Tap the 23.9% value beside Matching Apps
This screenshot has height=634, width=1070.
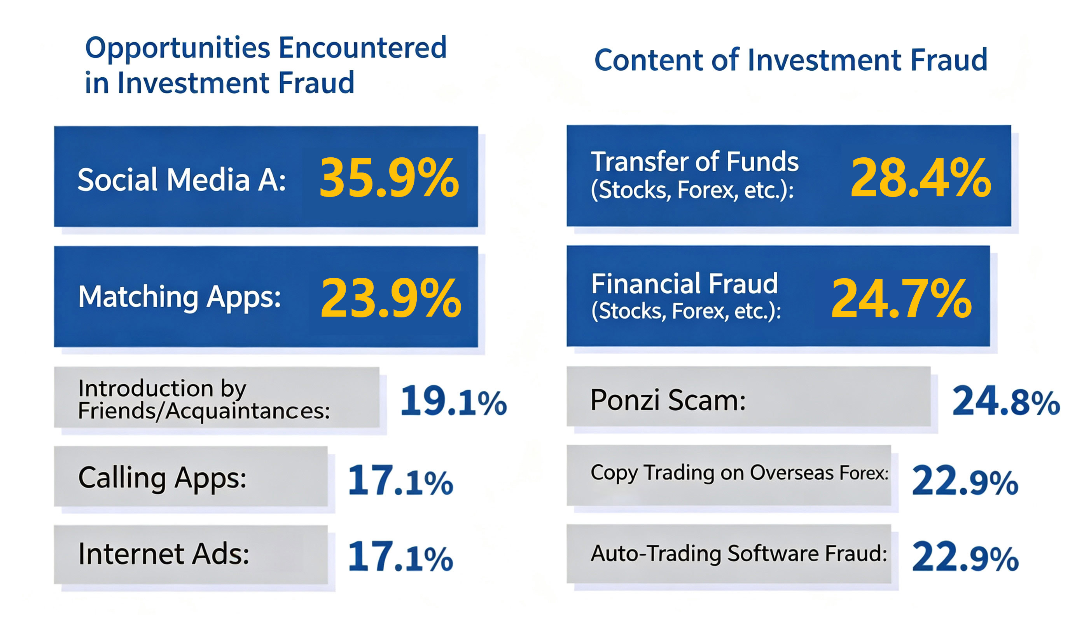391,298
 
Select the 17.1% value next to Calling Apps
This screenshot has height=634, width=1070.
400,480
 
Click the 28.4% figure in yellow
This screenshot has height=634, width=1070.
921,177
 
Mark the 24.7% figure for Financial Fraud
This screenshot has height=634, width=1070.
902,298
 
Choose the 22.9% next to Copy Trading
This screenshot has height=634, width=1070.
965,480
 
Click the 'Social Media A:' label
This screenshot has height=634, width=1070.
182,179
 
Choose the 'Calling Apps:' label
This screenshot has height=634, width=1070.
163,479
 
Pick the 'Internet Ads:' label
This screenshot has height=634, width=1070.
164,554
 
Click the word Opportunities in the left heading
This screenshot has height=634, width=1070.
178,48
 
